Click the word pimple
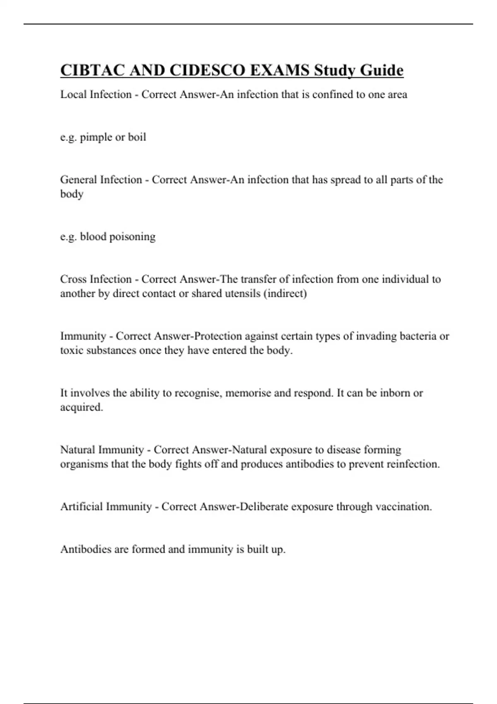(96, 137)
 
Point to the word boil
(137, 137)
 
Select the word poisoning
(133, 237)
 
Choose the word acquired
(81, 407)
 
